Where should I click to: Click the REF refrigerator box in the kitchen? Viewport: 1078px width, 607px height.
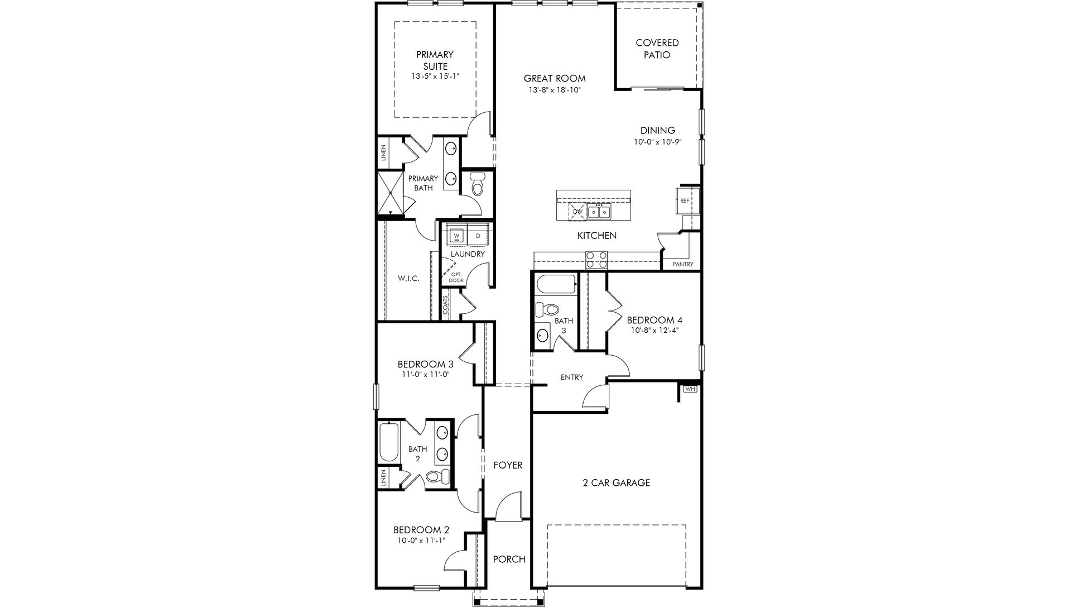684,200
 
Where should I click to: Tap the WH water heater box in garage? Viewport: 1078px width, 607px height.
690,389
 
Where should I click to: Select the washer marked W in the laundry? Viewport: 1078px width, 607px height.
457,236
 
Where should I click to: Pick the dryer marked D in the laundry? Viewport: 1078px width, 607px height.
478,236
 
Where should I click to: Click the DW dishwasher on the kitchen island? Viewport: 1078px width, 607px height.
577,212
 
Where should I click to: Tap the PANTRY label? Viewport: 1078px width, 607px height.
682,264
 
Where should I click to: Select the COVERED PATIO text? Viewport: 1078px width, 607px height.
657,49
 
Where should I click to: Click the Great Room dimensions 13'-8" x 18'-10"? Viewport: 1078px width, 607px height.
555,90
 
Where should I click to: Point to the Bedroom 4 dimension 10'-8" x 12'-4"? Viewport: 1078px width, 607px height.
654,330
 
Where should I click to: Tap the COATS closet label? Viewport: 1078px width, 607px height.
445,307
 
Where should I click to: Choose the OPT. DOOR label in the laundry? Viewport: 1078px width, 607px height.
456,277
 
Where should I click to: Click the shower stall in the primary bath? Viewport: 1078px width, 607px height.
391,194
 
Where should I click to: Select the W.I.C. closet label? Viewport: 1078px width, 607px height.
408,278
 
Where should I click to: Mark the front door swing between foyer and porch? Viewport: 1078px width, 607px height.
508,507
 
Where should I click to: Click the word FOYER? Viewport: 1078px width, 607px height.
508,465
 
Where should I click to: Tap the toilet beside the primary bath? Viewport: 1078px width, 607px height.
477,184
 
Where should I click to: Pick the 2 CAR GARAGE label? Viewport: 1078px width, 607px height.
616,482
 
